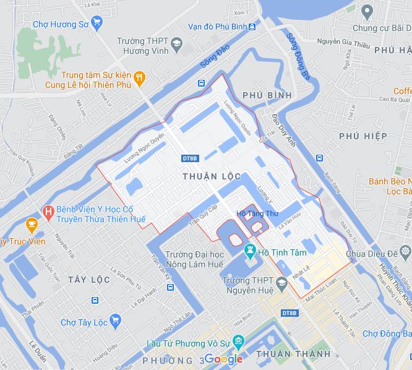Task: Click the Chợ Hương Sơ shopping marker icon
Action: click(x=96, y=24)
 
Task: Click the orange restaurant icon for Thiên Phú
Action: click(x=139, y=78)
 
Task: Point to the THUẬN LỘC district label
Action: click(x=212, y=176)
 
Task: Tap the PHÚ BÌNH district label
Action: click(x=267, y=95)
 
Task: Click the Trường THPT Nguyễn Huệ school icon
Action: click(x=282, y=284)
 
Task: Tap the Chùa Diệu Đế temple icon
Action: click(x=405, y=252)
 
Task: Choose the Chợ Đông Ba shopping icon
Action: click(x=406, y=334)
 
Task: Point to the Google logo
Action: click(x=223, y=359)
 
